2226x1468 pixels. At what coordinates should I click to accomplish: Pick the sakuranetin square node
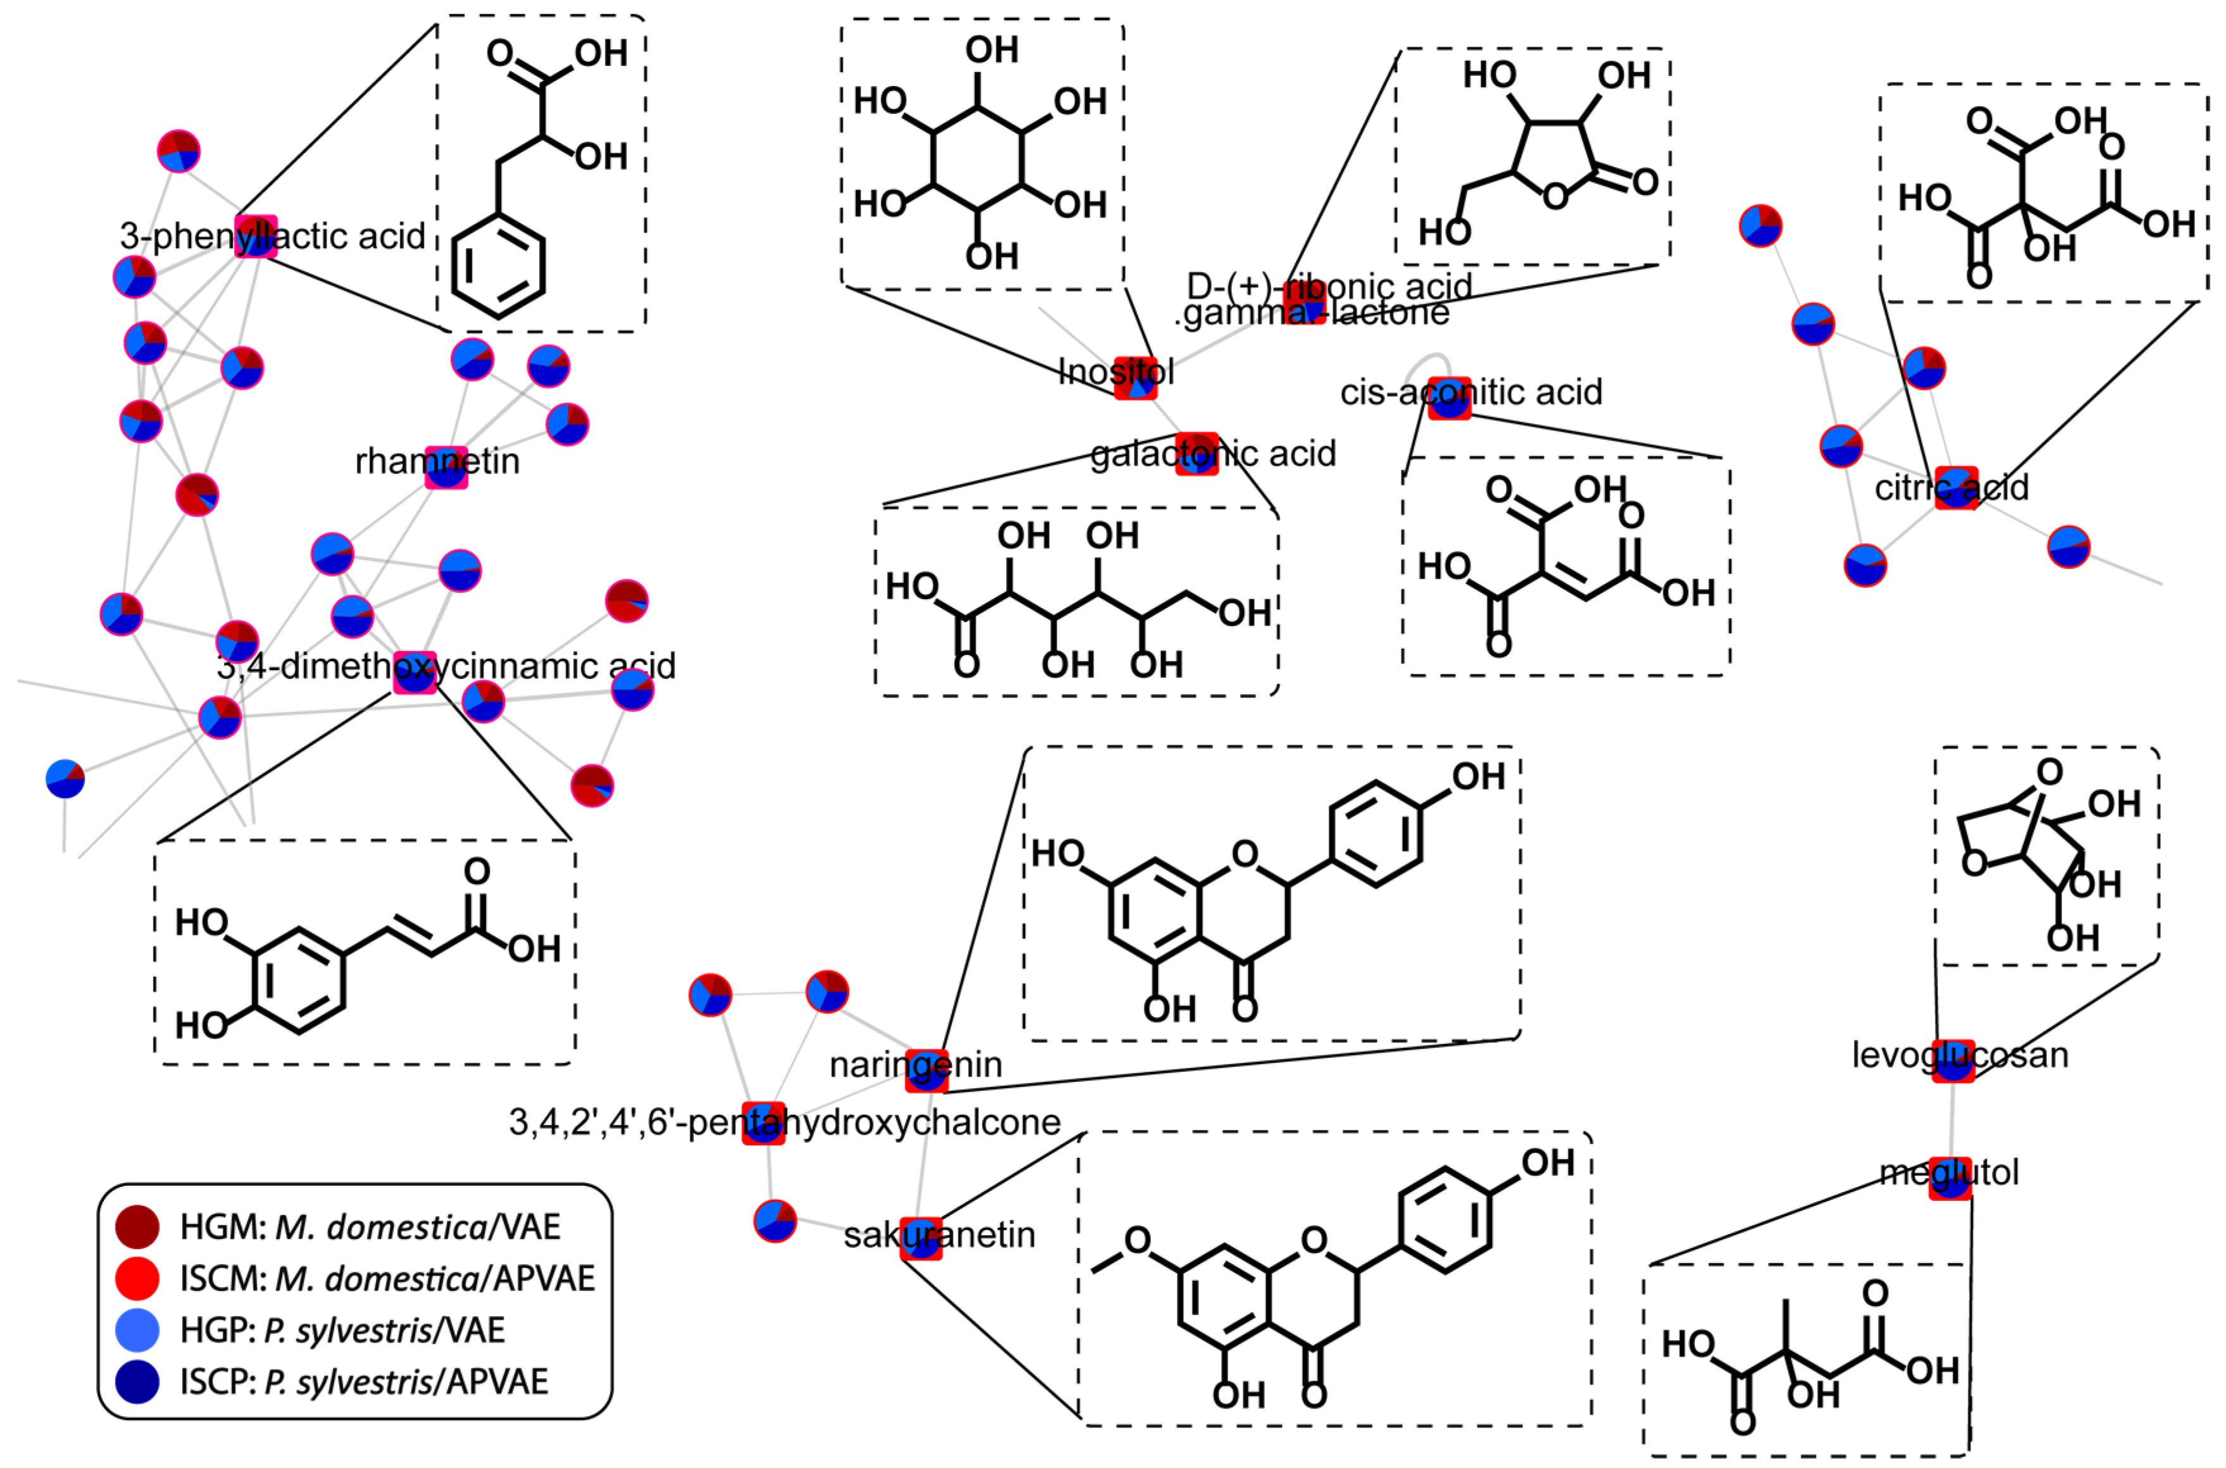click(921, 1238)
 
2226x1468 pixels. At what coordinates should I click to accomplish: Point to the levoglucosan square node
click(1953, 1061)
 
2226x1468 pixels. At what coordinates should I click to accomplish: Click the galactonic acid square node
click(1197, 454)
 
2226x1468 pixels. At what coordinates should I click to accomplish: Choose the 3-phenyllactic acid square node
click(256, 236)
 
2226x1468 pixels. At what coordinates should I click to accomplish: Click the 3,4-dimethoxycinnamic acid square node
click(414, 672)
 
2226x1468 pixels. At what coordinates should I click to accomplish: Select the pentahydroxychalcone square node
click(763, 1123)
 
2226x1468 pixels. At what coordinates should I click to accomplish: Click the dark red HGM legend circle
click(137, 1226)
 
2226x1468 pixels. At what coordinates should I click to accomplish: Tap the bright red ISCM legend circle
click(137, 1278)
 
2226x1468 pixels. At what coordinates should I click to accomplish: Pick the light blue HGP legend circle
click(137, 1329)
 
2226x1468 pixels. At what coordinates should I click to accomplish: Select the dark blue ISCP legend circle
click(137, 1381)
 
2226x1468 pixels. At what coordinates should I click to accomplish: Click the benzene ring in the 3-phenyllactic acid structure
click(498, 266)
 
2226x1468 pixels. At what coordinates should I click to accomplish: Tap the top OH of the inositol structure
click(992, 49)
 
